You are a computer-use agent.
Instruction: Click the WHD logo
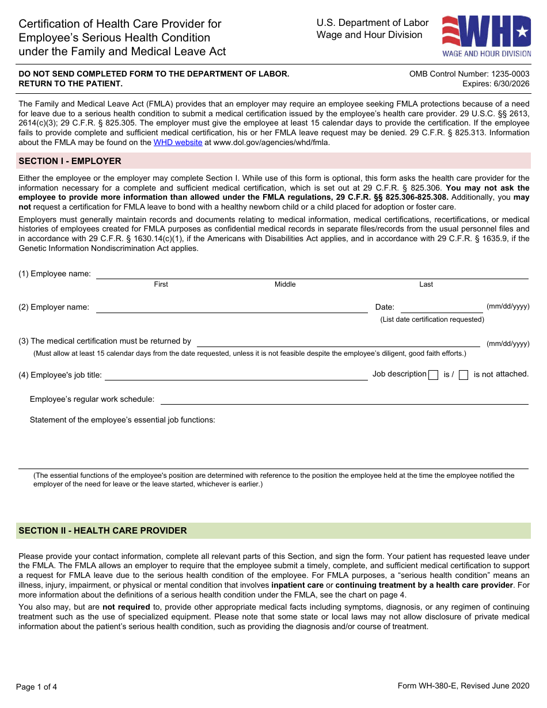(487, 36)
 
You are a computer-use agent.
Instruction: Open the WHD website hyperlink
(177, 142)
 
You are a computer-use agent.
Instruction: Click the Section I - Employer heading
(70, 161)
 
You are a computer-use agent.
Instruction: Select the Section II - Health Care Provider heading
(103, 531)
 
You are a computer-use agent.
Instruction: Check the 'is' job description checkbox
(434, 375)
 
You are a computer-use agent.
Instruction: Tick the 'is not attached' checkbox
(464, 375)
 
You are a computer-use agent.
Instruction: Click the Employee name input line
(312, 273)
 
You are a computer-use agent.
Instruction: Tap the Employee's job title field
(235, 375)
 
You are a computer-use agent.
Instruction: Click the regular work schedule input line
(344, 399)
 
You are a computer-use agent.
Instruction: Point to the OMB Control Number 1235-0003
(469, 74)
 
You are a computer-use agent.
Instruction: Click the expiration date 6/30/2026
(496, 83)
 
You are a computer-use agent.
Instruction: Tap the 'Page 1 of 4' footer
(37, 686)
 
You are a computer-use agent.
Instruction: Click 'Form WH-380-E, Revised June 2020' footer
(463, 685)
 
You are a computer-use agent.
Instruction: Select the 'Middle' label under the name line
(285, 284)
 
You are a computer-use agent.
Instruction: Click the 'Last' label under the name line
(426, 284)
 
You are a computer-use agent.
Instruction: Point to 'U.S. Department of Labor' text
(373, 23)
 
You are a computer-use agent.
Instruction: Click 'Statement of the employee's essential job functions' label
(123, 420)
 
